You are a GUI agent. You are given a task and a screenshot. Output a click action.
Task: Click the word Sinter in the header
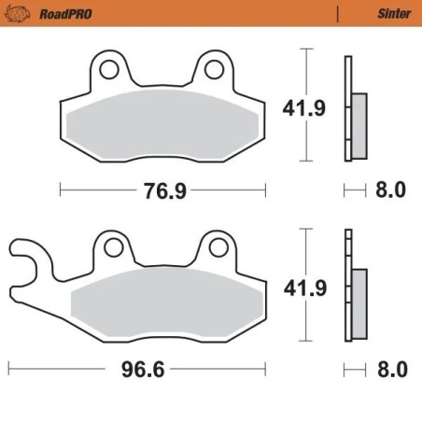click(x=386, y=14)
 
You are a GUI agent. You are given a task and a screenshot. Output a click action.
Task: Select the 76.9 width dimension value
click(x=164, y=191)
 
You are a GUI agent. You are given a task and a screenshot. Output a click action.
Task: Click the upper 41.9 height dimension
click(x=304, y=109)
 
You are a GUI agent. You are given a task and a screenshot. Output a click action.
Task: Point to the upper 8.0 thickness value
click(x=391, y=191)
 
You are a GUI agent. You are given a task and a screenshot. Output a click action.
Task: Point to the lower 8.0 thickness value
click(x=391, y=370)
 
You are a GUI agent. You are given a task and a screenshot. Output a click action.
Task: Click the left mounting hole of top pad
click(x=110, y=69)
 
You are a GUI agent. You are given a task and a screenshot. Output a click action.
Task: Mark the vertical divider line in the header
click(x=335, y=14)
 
